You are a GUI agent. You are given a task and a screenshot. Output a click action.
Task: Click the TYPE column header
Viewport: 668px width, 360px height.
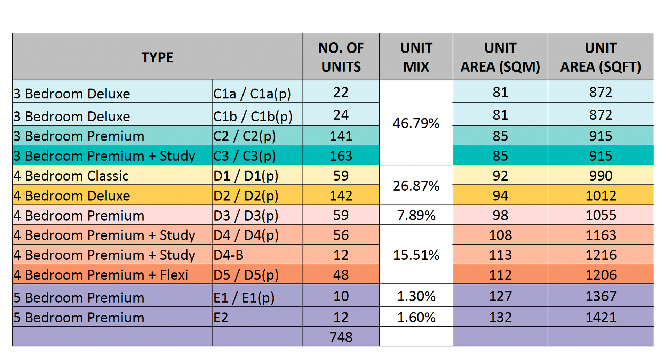coord(157,57)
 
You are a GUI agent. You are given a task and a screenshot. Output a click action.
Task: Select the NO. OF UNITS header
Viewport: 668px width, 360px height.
coord(341,57)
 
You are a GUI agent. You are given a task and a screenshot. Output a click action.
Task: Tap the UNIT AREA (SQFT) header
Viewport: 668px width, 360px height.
coord(601,57)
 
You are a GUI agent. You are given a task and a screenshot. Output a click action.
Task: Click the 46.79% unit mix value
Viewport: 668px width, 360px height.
coord(416,123)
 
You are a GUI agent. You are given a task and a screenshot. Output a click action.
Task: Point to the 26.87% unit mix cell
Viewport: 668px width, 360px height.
coord(416,186)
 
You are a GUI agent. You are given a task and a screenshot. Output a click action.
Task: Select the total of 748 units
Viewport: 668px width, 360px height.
coord(341,337)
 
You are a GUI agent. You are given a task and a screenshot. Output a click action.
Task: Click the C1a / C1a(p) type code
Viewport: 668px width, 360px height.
coord(252,94)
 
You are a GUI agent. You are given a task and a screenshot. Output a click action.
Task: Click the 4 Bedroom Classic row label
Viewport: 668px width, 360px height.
coord(71,176)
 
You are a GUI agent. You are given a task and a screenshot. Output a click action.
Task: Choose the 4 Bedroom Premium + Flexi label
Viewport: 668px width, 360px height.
coord(101,275)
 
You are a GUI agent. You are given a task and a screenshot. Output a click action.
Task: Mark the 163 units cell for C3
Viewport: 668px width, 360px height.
coord(341,156)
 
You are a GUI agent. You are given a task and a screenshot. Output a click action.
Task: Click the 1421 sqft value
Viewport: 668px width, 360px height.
coord(601,317)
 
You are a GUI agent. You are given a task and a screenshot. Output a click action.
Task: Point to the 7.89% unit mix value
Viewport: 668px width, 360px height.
coord(416,215)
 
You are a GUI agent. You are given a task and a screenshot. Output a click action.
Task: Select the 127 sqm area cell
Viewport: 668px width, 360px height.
coord(500,296)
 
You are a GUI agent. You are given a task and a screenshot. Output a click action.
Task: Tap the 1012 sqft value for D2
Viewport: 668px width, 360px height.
coord(601,196)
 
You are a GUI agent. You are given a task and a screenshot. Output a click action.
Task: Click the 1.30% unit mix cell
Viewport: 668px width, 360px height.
coord(416,296)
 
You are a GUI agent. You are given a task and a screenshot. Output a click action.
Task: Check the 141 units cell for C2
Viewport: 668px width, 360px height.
coord(341,136)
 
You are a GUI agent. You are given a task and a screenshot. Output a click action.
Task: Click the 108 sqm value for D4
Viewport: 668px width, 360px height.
coord(500,235)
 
